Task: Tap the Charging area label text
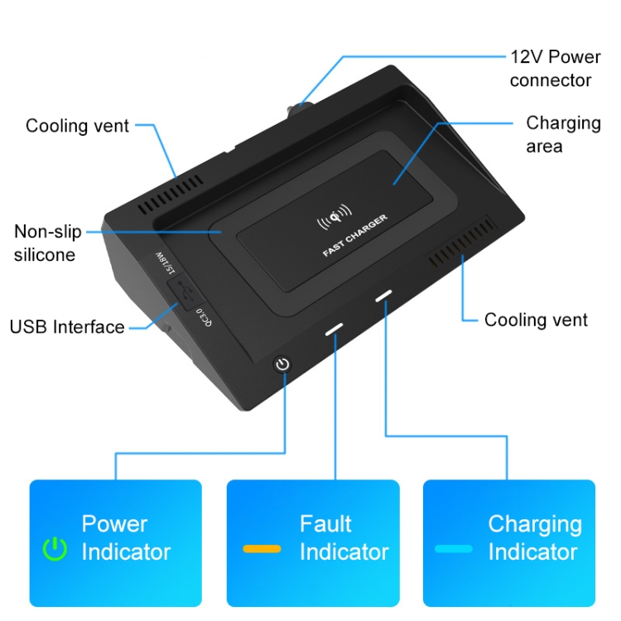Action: coord(563,134)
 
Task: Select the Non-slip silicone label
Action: coord(48,243)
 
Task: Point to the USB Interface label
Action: coord(67,326)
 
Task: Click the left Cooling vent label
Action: coord(77,126)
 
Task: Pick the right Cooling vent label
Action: coord(536,320)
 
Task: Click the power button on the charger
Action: coord(283,363)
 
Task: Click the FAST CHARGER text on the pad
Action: coord(355,238)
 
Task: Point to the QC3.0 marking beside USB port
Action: coord(202,318)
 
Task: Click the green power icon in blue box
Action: coord(55,548)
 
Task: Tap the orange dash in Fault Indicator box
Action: coord(262,548)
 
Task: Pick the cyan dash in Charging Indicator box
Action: coord(454,548)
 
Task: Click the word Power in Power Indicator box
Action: coord(114,524)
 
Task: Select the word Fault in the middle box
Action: coord(325,524)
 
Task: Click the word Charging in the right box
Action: coord(534,524)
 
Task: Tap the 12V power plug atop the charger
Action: coord(297,110)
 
